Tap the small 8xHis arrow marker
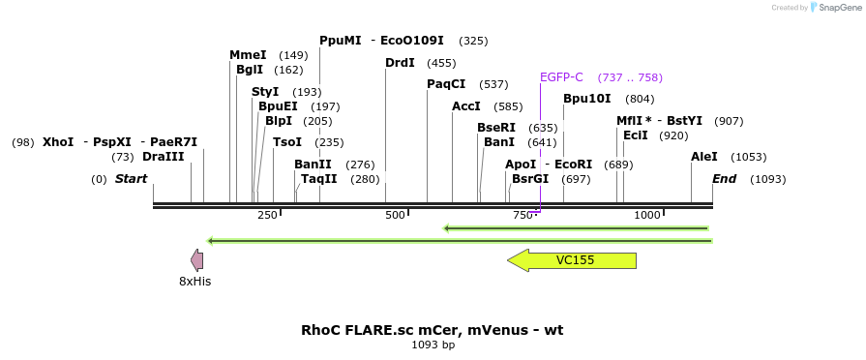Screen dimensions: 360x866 196,259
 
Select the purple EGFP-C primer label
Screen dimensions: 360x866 561,77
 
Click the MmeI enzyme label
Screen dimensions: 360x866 248,55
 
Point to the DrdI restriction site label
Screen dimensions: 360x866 400,63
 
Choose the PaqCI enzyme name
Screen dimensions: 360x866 446,84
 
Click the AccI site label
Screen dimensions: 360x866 466,106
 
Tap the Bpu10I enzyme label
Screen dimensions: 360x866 587,99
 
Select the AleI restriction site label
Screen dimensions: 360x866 704,157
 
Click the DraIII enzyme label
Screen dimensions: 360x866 163,157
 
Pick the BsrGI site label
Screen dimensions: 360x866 530,179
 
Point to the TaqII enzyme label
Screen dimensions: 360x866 319,179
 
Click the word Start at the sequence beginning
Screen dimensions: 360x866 132,179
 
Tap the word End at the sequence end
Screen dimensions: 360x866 725,179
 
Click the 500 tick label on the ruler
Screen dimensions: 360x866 395,215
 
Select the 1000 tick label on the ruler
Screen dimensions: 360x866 647,215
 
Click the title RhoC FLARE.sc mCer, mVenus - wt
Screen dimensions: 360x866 432,330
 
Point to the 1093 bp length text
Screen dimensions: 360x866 433,345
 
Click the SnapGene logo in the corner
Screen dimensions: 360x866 834,8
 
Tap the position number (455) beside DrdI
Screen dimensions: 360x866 441,63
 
